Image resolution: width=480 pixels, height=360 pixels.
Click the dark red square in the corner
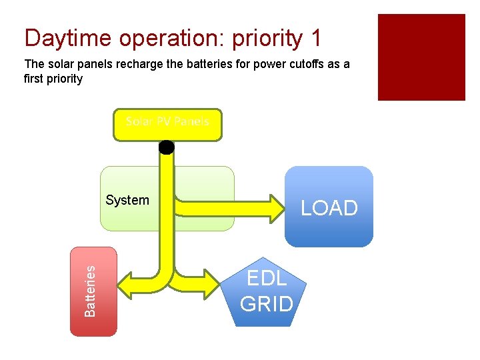tap(421, 57)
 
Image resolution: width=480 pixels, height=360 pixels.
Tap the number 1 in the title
tap(315, 38)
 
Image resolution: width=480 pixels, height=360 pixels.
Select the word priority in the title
tap(267, 39)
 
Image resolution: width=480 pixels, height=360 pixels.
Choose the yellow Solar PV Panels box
tap(167, 125)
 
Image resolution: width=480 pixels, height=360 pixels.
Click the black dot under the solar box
tap(167, 147)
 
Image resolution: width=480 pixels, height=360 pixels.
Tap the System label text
tap(127, 200)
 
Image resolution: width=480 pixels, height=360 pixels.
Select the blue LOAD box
tap(329, 207)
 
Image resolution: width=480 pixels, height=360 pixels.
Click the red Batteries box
tap(93, 291)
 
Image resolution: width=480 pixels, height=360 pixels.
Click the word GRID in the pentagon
tap(267, 304)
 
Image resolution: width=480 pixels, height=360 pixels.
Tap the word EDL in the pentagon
tap(267, 278)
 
